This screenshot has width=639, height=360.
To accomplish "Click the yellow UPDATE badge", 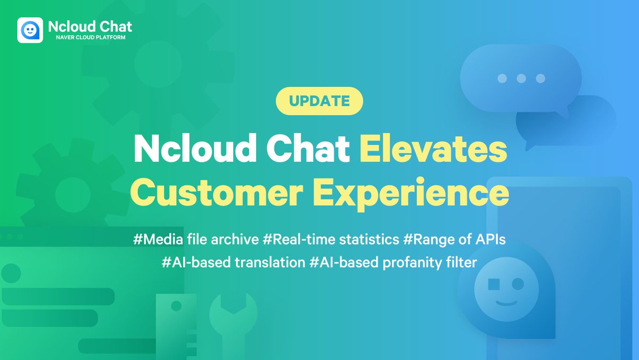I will pyautogui.click(x=319, y=101).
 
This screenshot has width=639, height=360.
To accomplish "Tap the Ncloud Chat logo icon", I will pyautogui.click(x=30, y=30).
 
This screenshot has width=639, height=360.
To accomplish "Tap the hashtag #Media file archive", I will pyautogui.click(x=196, y=240).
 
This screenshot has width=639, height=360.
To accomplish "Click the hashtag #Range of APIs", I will pyautogui.click(x=454, y=240).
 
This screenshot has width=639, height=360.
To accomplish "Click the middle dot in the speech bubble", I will pyautogui.click(x=521, y=79).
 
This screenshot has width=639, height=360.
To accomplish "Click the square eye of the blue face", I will pyautogui.click(x=494, y=283).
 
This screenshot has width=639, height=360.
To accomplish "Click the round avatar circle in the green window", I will pyautogui.click(x=11, y=273).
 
